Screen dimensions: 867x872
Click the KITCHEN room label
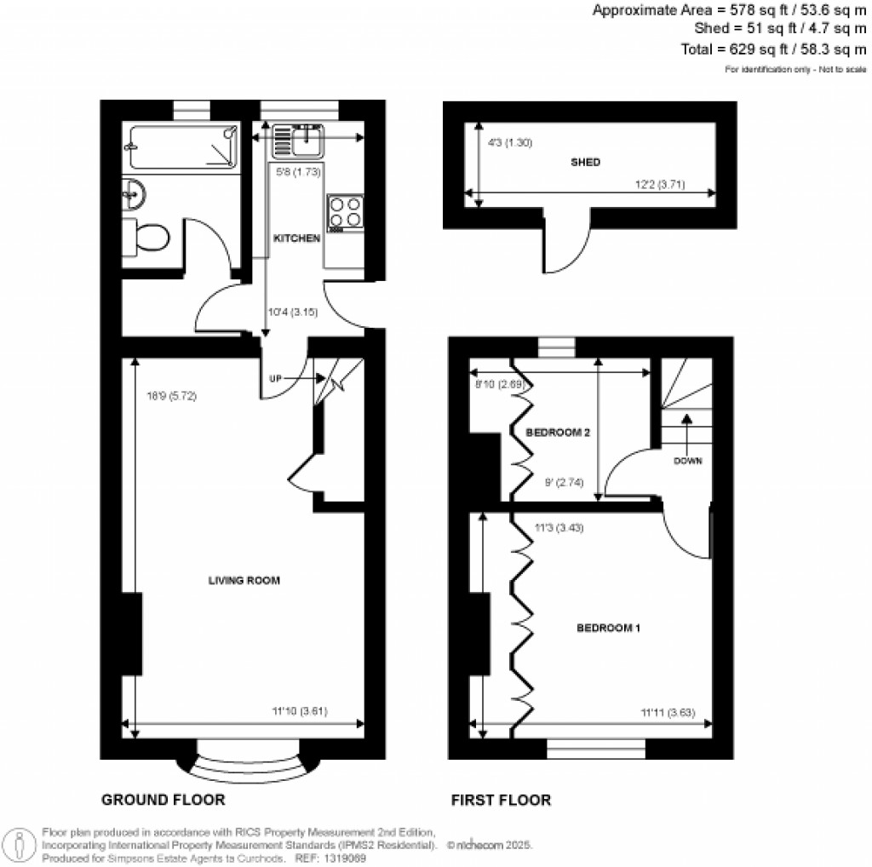coord(296,238)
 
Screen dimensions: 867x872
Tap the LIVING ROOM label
coord(244,581)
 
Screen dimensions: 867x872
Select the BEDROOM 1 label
coord(609,629)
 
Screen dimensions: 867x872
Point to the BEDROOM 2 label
coord(559,433)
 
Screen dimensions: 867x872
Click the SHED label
coord(585,162)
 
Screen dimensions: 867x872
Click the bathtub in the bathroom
coord(180,146)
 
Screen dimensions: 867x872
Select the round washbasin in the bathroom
coord(134,195)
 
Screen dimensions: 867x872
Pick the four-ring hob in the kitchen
coord(346,213)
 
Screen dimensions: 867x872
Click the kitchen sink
coord(298,141)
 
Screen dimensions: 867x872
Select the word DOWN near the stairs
coord(687,462)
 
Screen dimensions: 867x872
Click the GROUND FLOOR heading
coord(163,800)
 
